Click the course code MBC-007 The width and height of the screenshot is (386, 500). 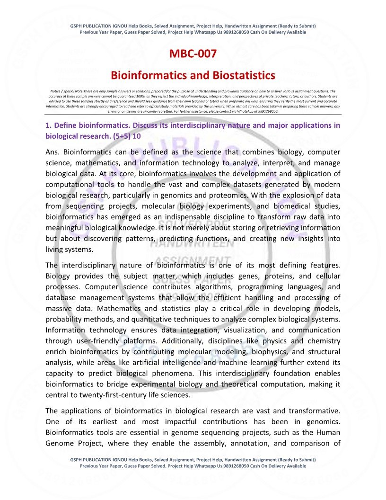pyautogui.click(x=193, y=54)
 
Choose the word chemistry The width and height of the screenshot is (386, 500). pyautogui.click(x=322, y=341)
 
